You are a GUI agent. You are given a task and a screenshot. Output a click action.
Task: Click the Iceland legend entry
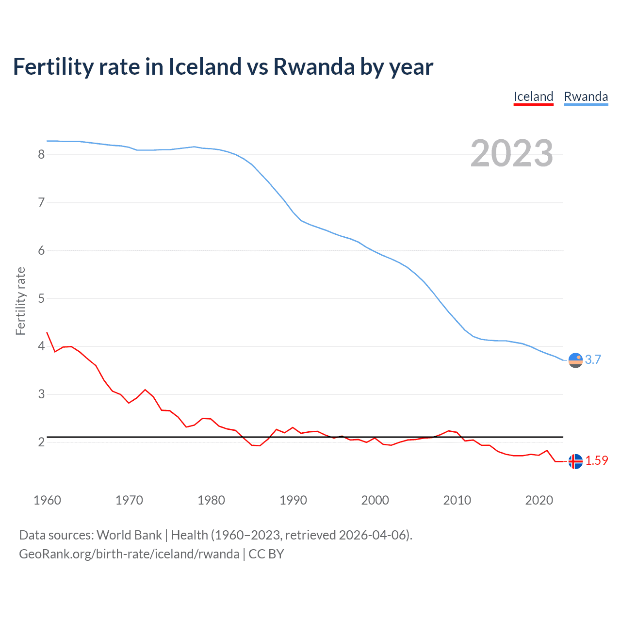click(x=533, y=97)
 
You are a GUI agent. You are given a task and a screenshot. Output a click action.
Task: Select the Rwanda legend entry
click(x=586, y=97)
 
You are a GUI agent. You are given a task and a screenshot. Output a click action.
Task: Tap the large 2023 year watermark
click(x=511, y=153)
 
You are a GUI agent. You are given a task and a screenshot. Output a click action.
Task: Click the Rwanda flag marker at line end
click(x=575, y=360)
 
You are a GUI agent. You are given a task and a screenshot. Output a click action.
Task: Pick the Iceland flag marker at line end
click(x=575, y=461)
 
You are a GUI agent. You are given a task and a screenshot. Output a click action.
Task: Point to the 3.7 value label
click(x=593, y=360)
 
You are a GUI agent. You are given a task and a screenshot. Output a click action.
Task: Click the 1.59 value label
click(x=596, y=460)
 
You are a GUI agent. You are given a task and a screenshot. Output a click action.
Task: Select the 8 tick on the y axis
click(x=41, y=154)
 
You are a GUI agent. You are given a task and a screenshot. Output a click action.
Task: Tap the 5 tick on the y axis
click(x=41, y=298)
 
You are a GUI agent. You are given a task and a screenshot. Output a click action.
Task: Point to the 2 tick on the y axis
click(x=41, y=442)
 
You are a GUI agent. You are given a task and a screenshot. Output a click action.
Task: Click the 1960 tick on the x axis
click(x=47, y=500)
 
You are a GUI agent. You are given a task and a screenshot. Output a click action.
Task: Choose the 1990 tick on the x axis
click(x=293, y=500)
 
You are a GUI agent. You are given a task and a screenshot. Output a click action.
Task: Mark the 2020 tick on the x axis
click(x=539, y=500)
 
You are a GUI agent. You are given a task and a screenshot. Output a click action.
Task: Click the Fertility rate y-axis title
click(x=20, y=301)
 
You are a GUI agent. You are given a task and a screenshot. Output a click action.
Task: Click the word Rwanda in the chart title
click(x=314, y=66)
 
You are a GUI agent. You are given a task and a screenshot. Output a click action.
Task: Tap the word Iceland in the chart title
click(x=205, y=66)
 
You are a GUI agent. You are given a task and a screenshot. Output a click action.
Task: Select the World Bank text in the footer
click(x=129, y=535)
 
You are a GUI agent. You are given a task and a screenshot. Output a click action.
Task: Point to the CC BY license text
click(x=266, y=554)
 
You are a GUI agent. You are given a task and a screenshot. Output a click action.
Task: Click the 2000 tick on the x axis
click(x=375, y=500)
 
